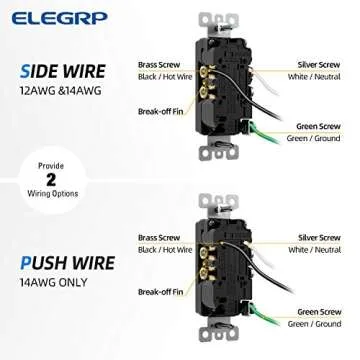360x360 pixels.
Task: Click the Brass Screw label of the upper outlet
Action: tap(158, 64)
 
